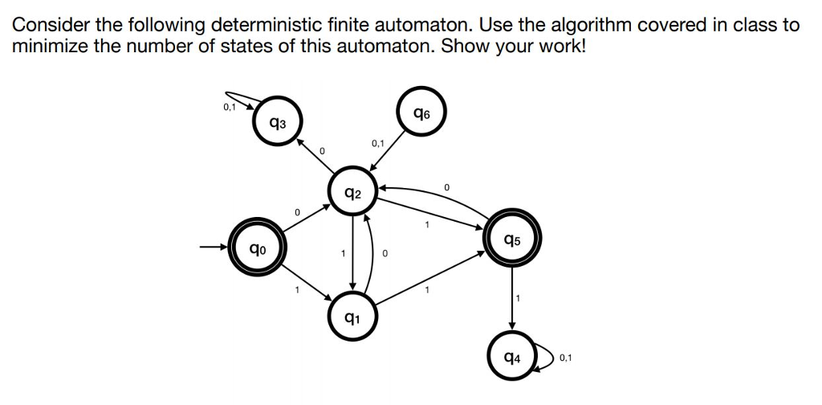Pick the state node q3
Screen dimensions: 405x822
click(276, 123)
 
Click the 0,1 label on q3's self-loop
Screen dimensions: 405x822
click(230, 104)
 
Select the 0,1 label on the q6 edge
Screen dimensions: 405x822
click(378, 143)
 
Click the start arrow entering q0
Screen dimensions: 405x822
click(213, 247)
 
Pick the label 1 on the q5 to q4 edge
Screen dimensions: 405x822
click(519, 299)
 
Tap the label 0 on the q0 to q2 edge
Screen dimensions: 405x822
click(297, 212)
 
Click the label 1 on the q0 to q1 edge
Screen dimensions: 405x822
click(297, 289)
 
